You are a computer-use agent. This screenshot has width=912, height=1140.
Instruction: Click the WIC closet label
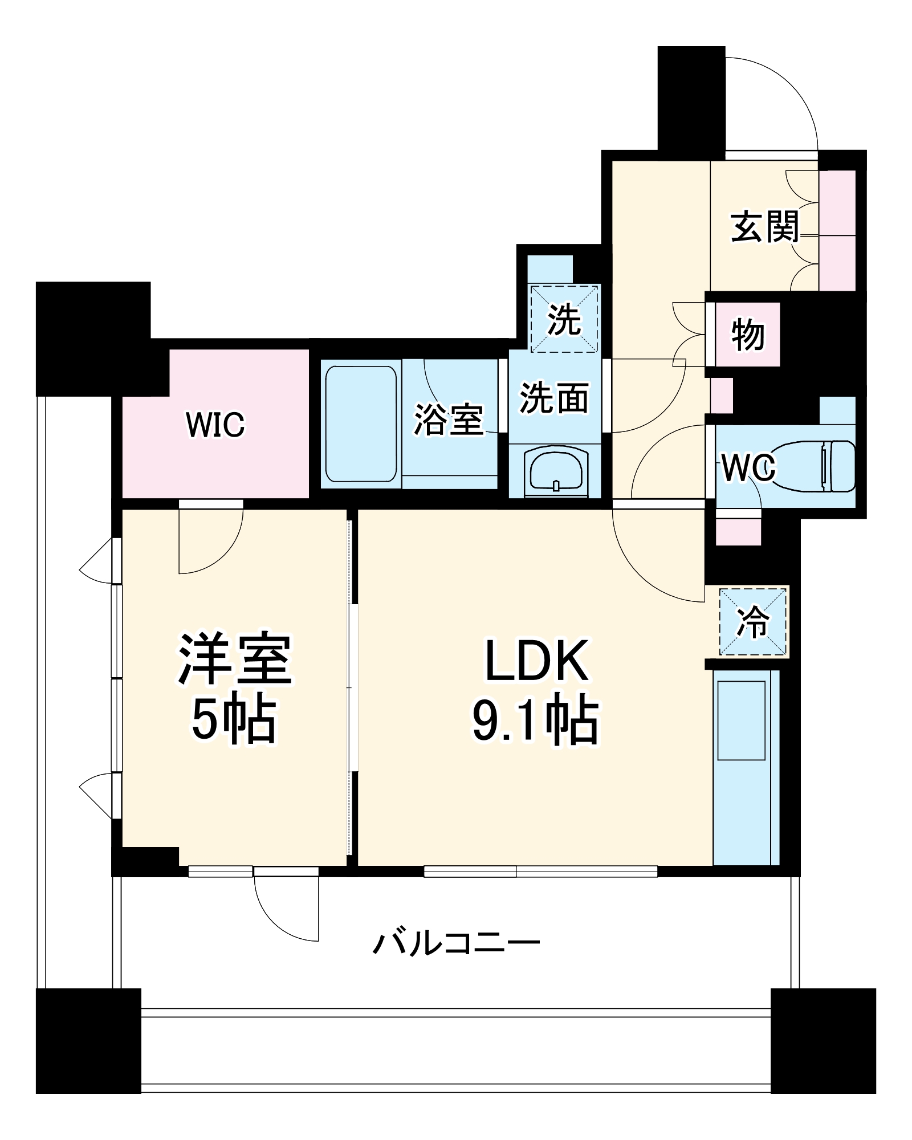215,424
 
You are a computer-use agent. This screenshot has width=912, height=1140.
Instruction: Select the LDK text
536,661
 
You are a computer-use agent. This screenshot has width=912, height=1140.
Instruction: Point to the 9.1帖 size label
536,722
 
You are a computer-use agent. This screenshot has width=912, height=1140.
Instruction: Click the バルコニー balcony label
456,943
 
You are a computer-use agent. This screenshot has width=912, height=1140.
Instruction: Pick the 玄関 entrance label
765,226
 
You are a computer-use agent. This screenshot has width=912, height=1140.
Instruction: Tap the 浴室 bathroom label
449,420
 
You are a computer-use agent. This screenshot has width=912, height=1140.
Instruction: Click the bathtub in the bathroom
361,424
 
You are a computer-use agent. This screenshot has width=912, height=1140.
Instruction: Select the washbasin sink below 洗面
556,470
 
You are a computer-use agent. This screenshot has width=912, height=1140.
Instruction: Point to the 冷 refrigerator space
753,622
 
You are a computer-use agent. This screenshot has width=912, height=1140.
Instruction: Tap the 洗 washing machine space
564,319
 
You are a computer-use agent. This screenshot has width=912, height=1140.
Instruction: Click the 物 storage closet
747,335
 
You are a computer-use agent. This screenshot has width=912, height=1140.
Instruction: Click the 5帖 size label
234,720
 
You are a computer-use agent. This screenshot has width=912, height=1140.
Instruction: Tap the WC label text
748,468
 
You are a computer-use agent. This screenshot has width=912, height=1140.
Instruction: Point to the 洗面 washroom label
554,397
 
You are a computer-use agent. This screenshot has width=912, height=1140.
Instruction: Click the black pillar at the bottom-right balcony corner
823,1040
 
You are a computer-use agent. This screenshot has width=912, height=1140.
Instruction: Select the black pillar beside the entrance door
691,98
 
